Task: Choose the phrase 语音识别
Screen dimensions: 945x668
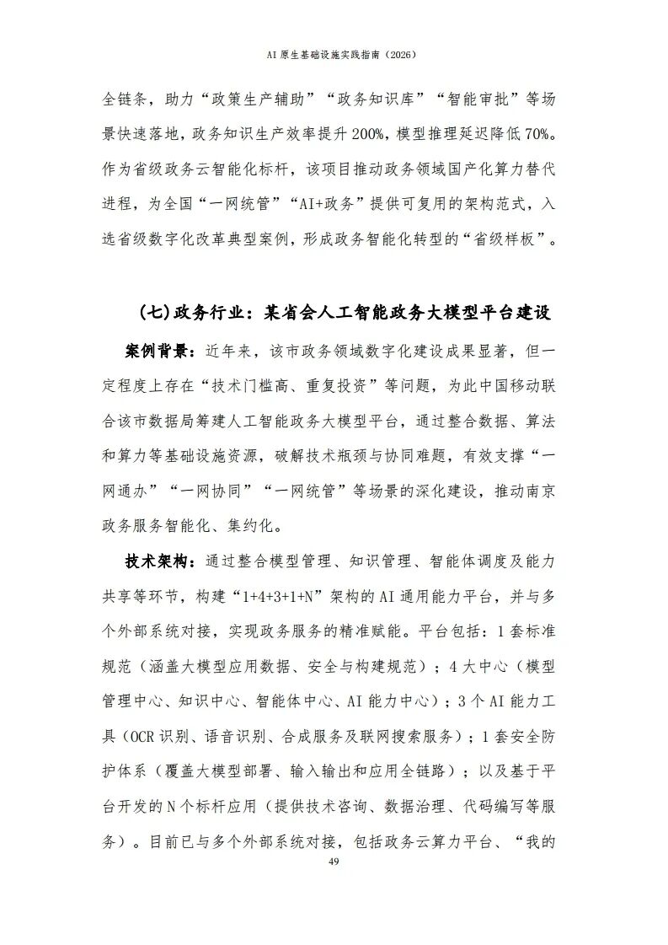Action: [233, 736]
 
